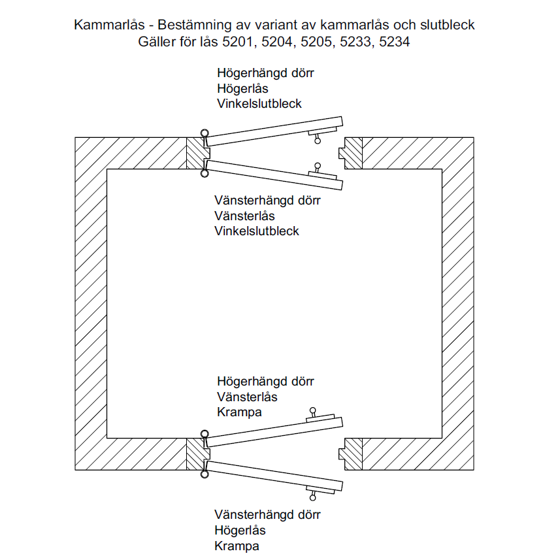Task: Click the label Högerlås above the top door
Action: pyautogui.click(x=242, y=88)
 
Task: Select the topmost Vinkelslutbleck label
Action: pyautogui.click(x=259, y=103)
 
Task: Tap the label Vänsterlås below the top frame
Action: pyautogui.click(x=244, y=216)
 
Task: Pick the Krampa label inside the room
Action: pyautogui.click(x=239, y=412)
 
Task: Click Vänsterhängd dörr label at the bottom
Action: pyautogui.click(x=267, y=514)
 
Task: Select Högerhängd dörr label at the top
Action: pyautogui.click(x=265, y=73)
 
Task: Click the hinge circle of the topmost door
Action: pyautogui.click(x=205, y=133)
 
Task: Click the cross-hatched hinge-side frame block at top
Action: pyautogui.click(x=195, y=153)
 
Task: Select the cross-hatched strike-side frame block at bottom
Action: pyautogui.click(x=353, y=453)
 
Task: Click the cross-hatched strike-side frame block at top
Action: pyautogui.click(x=353, y=153)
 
